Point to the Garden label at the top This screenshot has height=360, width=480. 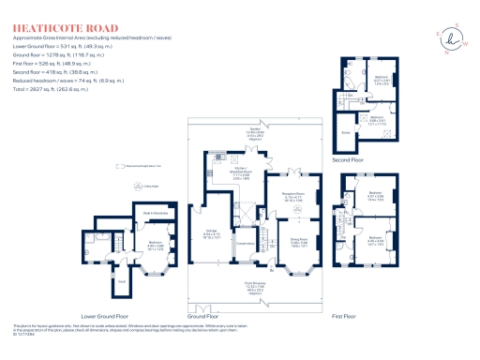pyautogui.click(x=254, y=130)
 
